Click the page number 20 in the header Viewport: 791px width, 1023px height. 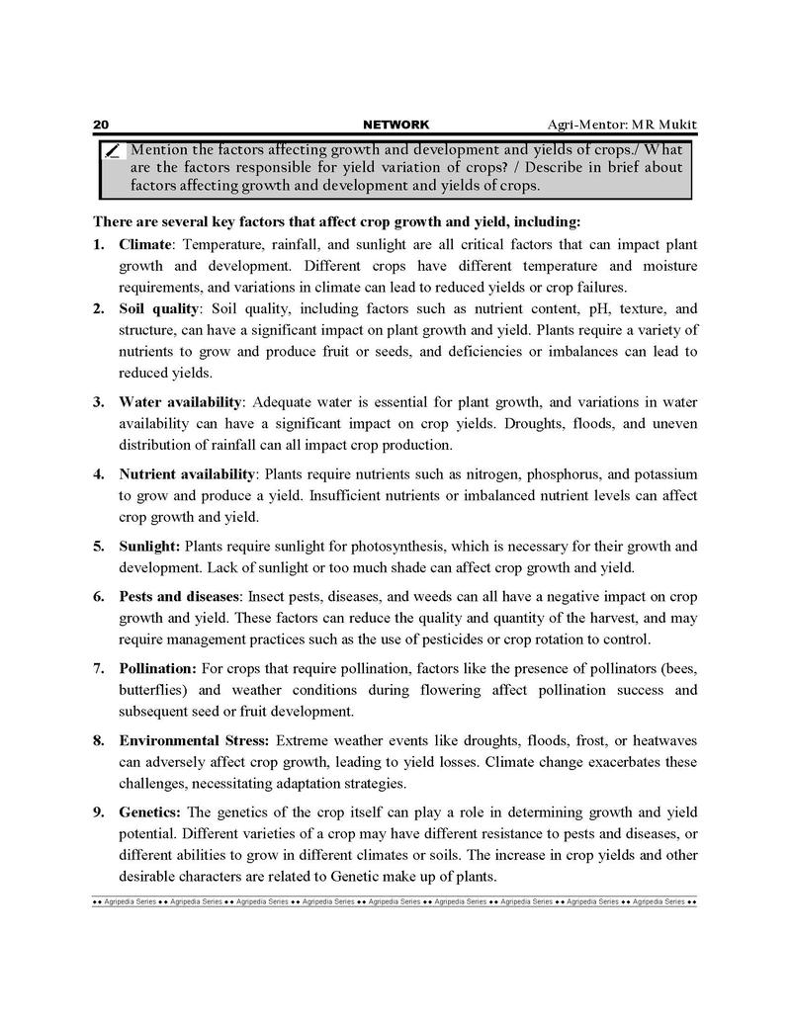tap(100, 125)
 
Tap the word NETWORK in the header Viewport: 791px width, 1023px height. tap(396, 125)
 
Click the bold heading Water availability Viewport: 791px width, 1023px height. tap(180, 402)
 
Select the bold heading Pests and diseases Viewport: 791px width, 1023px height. tap(179, 597)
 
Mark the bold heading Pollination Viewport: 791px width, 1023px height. tap(158, 668)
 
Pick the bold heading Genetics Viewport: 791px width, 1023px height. tap(149, 811)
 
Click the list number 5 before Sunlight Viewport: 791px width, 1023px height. tap(99, 546)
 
